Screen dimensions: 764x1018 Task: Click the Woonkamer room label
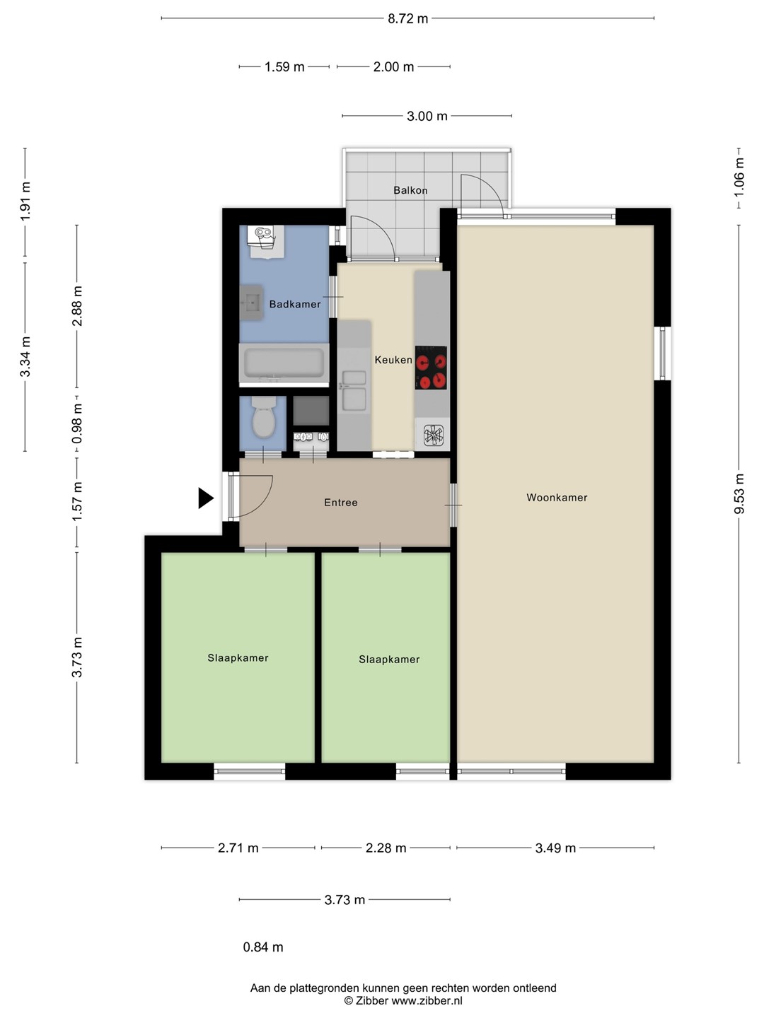[557, 498]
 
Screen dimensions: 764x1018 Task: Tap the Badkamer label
[295, 304]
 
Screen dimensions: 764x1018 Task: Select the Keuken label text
[393, 359]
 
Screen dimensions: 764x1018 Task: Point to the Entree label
[341, 502]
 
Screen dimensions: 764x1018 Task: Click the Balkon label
[410, 190]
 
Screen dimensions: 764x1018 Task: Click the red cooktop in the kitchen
[431, 368]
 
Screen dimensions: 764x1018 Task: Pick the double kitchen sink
[354, 391]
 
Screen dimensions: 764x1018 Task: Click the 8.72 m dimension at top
[407, 18]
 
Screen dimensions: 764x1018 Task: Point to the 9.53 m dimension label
[739, 493]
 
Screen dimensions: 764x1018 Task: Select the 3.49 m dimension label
[555, 848]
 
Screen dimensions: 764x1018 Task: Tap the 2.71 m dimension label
[238, 848]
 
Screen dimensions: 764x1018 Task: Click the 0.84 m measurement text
[263, 947]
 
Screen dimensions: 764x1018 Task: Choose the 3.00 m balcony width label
[427, 116]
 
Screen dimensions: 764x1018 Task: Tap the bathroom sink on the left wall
[252, 303]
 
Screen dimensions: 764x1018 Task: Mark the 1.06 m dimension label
[739, 177]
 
